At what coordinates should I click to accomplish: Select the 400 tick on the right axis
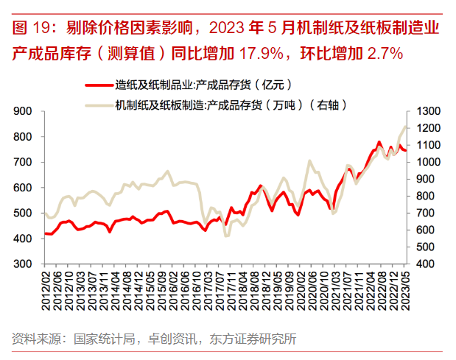coord(424,264)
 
